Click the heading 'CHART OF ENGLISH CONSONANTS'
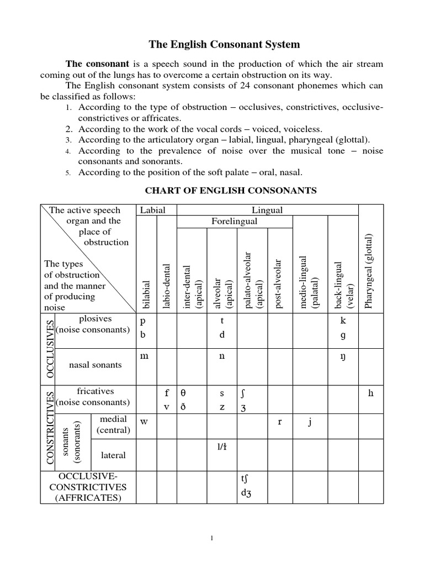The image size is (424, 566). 230,191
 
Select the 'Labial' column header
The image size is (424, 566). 157,210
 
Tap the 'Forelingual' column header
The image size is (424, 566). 235,221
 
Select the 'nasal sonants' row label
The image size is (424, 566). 95,365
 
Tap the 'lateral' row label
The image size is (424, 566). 113,455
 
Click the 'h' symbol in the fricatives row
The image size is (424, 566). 371,394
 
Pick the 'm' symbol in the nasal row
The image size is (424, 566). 145,357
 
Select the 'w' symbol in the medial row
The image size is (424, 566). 145,422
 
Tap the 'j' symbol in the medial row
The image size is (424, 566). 310,422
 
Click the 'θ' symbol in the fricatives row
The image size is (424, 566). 184,394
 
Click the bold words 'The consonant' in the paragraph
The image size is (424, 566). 97,64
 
